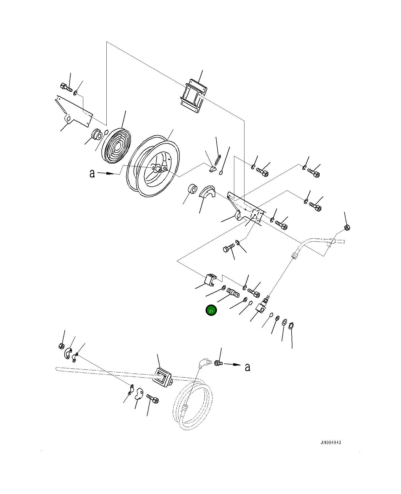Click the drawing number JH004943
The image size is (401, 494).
click(331, 442)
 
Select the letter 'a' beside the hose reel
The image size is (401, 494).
click(92, 173)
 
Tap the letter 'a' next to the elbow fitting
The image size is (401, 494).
click(247, 367)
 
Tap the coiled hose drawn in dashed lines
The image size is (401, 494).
click(193, 405)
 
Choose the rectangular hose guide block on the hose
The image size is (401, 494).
click(162, 377)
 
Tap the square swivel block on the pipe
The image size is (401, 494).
click(261, 308)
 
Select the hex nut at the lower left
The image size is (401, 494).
click(62, 346)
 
